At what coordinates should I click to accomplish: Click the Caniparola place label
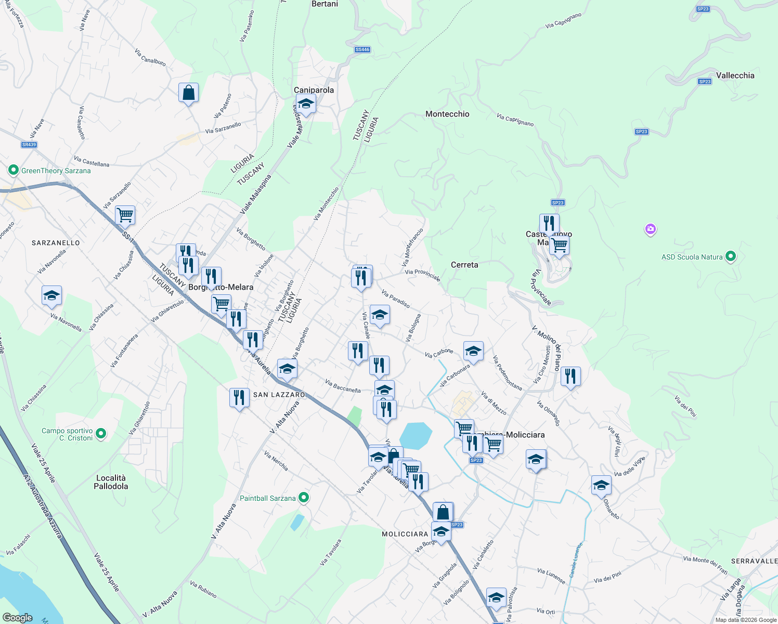[x=314, y=90]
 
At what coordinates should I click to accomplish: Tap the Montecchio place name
[x=447, y=114]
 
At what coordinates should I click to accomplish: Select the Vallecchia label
[x=735, y=75]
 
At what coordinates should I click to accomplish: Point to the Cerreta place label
[x=464, y=265]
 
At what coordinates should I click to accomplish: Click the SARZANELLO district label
[x=56, y=243]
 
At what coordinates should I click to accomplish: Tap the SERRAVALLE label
[x=754, y=561]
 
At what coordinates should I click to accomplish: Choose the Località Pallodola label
[x=111, y=482]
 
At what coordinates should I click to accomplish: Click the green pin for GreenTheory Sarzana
[x=14, y=170]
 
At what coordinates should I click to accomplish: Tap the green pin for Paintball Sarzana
[x=304, y=498]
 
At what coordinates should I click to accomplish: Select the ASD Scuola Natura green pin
[x=731, y=256]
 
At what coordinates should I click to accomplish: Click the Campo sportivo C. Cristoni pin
[x=101, y=433]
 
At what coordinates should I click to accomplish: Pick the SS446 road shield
[x=362, y=49]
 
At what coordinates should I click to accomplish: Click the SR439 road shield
[x=29, y=145]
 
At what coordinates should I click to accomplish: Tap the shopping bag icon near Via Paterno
[x=188, y=93]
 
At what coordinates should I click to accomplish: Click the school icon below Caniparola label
[x=306, y=104]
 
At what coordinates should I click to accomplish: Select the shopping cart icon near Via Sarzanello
[x=125, y=215]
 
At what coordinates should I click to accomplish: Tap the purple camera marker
[x=650, y=229]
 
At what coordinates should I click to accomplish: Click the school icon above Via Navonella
[x=51, y=296]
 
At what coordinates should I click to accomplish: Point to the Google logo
[x=18, y=618]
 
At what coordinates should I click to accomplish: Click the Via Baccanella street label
[x=343, y=386]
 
